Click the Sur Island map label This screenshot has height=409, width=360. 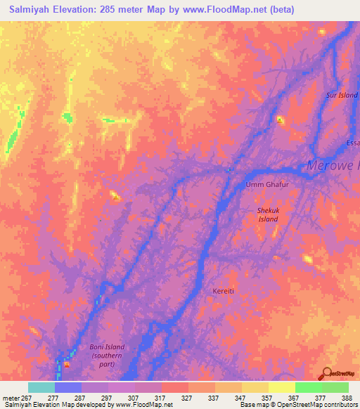[x=342, y=94]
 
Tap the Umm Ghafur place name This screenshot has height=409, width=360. [x=266, y=185]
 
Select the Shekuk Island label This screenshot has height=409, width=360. [x=266, y=214]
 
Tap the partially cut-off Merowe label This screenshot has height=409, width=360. [x=333, y=166]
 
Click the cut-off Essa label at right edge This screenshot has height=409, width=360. [x=352, y=143]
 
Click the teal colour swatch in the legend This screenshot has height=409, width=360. [x=41, y=387]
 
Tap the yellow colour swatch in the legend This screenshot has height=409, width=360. [x=281, y=387]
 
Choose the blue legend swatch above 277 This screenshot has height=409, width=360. [x=68, y=387]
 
